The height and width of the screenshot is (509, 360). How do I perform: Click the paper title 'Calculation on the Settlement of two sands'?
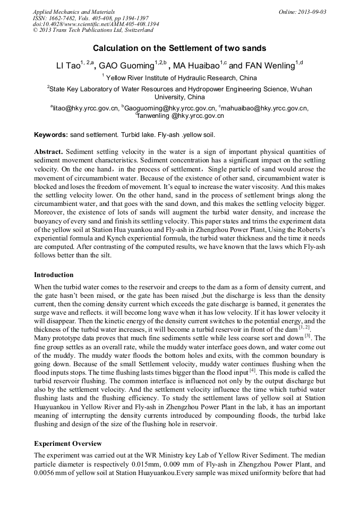click(179, 48)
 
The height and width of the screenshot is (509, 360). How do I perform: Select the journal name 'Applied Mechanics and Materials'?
click(73, 12)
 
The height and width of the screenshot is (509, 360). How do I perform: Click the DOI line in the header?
click(96, 24)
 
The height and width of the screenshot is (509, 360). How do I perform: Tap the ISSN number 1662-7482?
click(64, 18)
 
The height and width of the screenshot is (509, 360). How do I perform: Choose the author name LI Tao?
click(67, 66)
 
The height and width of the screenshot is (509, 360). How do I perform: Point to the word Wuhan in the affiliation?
click(298, 89)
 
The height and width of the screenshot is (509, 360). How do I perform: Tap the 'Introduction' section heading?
click(54, 275)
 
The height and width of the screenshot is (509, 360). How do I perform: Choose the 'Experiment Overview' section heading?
click(67, 444)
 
